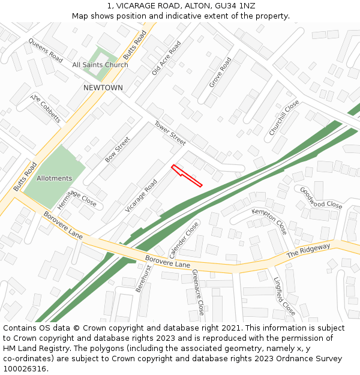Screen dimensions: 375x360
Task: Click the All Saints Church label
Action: click(100, 65)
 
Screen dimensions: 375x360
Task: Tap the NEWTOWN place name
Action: click(103, 88)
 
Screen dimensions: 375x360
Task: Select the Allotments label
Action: click(54, 178)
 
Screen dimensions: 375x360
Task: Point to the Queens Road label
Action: click(46, 50)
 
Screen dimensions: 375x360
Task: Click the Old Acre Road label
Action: click(166, 58)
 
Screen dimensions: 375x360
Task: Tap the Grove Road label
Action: click(220, 73)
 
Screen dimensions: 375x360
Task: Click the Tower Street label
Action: click(170, 133)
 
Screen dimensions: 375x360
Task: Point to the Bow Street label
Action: click(118, 149)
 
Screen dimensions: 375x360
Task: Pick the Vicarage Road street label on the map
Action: click(141, 195)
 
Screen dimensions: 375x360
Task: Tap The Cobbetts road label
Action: click(46, 109)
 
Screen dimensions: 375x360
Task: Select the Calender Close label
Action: click(184, 239)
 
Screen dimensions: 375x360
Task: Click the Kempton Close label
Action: click(269, 221)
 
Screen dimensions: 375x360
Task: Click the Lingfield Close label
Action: click(284, 296)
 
